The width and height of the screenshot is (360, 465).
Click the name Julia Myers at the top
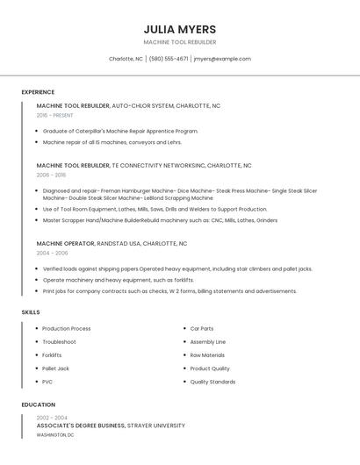click(179, 29)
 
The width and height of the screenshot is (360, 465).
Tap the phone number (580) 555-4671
click(169, 59)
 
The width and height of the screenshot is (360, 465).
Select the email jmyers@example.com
click(222, 59)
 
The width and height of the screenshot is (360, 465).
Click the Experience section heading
click(38, 92)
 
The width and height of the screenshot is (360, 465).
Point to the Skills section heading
click(31, 312)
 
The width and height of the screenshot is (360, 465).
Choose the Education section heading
click(38, 404)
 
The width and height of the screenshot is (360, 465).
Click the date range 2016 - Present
click(54, 115)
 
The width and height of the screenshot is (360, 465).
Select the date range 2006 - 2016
click(51, 175)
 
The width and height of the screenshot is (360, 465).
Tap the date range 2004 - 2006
click(51, 253)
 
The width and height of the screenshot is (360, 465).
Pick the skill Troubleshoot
click(59, 342)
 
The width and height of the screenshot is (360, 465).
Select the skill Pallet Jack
click(55, 368)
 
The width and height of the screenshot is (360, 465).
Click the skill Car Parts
click(202, 329)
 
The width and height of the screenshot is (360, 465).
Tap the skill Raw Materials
click(207, 355)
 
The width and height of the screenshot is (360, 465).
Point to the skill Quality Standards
click(212, 382)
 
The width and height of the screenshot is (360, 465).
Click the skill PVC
click(47, 382)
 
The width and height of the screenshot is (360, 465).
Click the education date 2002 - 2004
click(52, 418)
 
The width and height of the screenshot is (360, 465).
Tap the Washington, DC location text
click(55, 435)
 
